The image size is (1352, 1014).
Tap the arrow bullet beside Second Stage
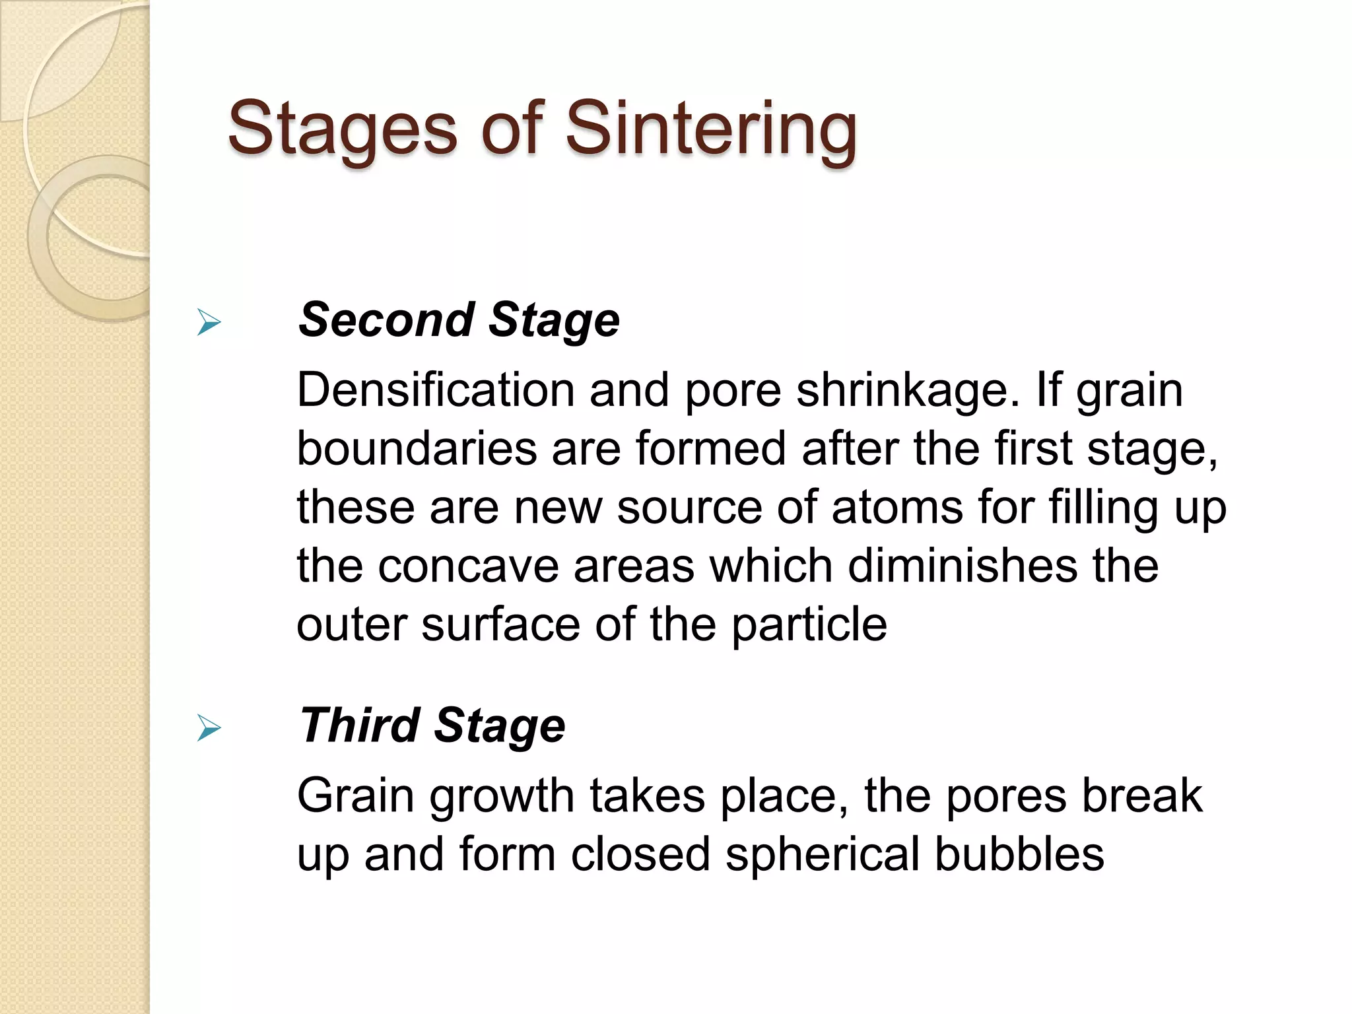209,323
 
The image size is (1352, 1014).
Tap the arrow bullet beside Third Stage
209,729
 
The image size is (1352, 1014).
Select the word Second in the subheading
387,320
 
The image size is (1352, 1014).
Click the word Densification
436,390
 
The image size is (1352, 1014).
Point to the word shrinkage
903,391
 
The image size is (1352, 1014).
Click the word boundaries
417,449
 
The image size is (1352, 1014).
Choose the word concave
468,567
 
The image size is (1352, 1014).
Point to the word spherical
823,855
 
